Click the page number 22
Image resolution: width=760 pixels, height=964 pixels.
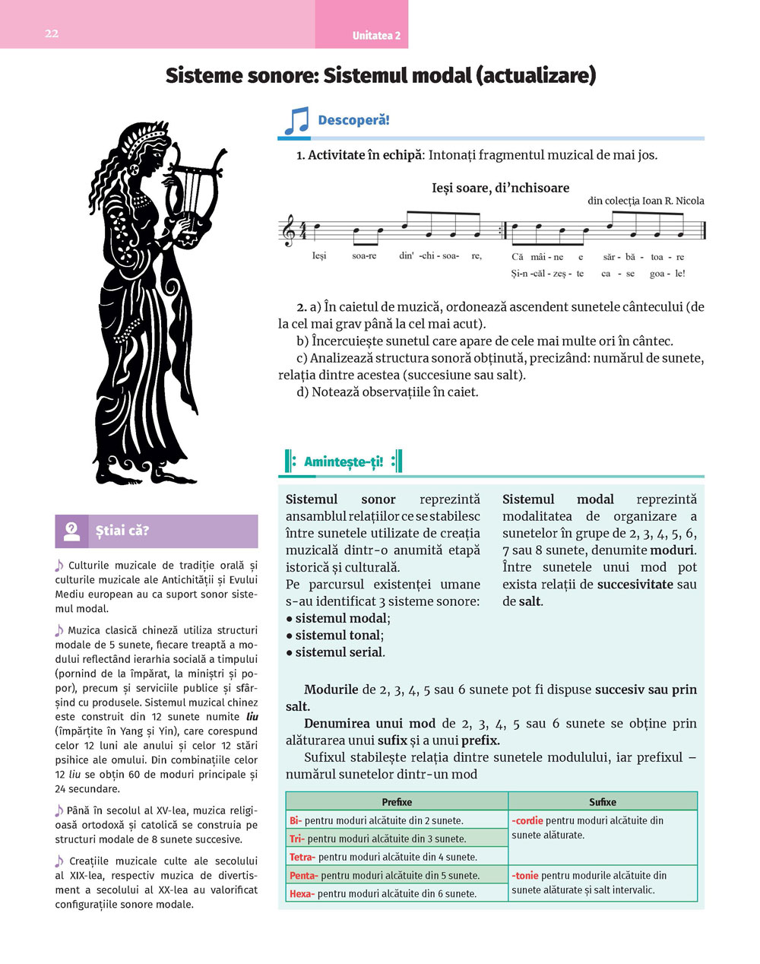click(52, 33)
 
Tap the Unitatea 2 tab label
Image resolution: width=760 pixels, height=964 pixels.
click(376, 36)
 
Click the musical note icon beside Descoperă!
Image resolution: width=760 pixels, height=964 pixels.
click(296, 121)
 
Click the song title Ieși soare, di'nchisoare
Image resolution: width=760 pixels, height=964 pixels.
click(500, 188)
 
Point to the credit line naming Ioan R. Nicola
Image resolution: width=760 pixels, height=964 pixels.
click(645, 201)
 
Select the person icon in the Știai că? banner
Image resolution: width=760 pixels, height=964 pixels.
click(71, 531)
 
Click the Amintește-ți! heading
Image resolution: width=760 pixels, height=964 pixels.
click(344, 461)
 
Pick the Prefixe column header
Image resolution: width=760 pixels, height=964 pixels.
click(397, 802)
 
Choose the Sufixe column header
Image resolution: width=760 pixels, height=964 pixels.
click(603, 802)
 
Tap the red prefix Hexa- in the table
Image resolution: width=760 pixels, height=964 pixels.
click(302, 893)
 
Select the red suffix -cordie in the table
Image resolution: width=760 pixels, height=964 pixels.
click(527, 821)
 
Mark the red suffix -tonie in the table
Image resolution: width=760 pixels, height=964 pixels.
click(525, 876)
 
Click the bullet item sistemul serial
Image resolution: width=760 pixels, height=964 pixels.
click(339, 652)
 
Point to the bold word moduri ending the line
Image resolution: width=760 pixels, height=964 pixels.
click(672, 550)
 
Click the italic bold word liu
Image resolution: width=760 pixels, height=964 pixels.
click(252, 717)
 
